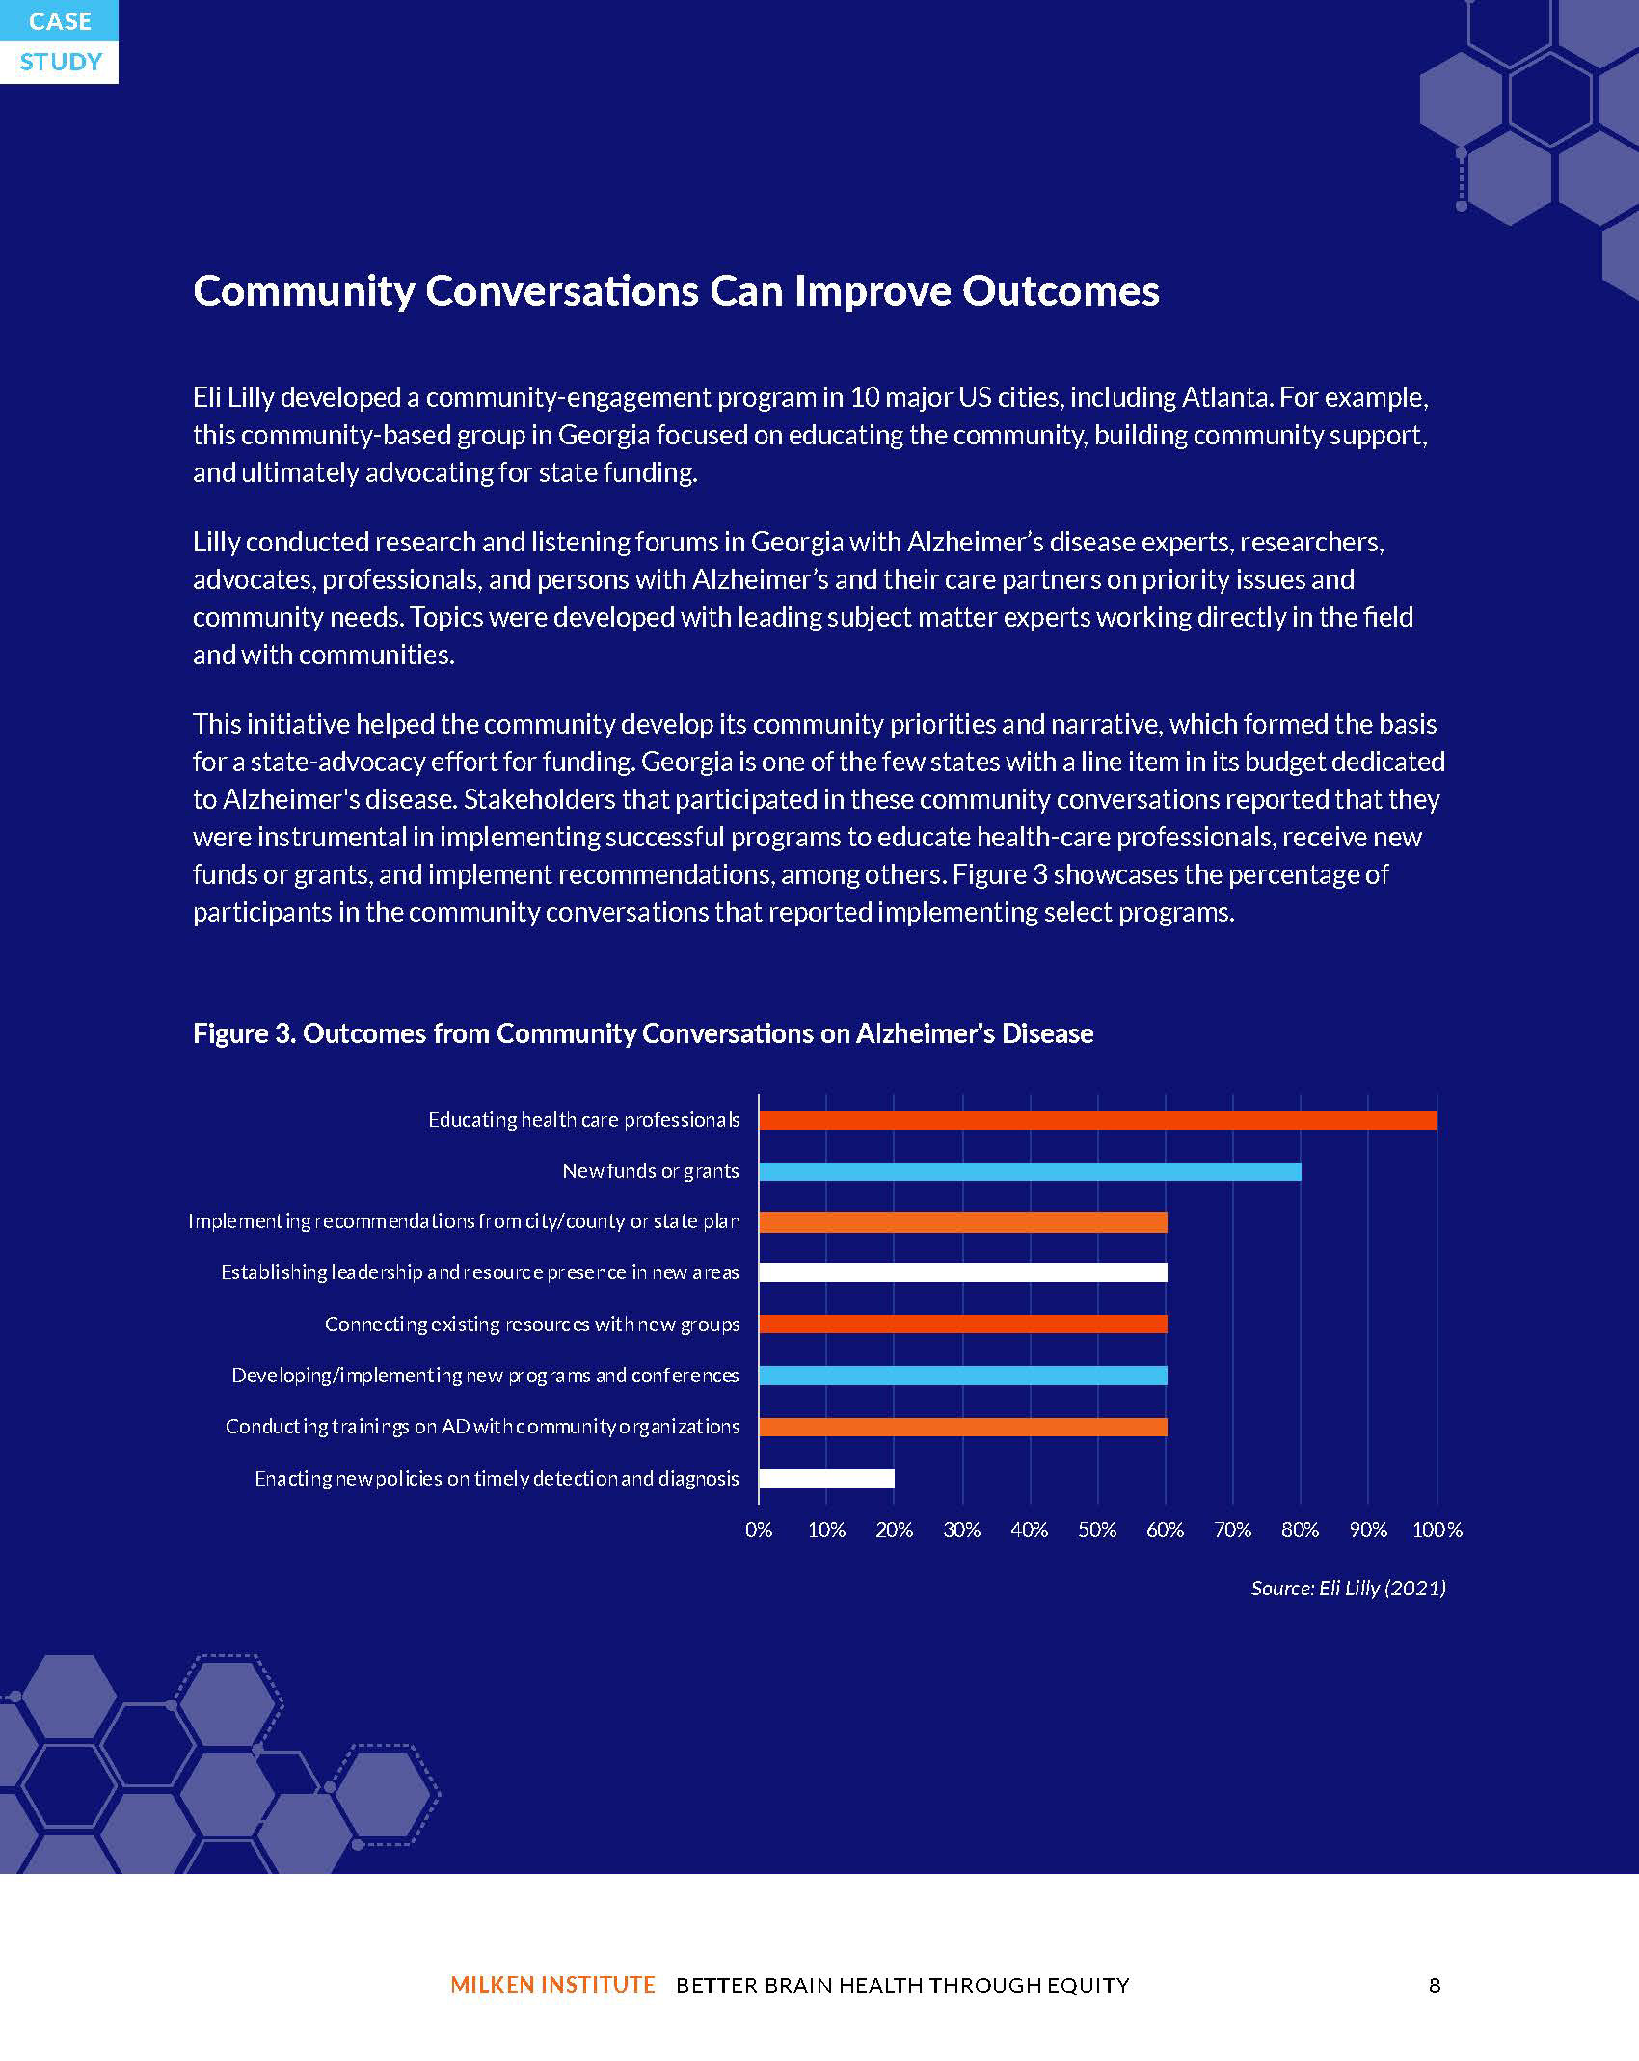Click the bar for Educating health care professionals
(x=1097, y=1120)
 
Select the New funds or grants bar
(x=1030, y=1171)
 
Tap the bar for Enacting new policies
(x=826, y=1478)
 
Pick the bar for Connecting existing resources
(x=962, y=1324)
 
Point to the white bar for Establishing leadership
(x=962, y=1272)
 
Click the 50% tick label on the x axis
(x=1097, y=1530)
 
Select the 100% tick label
(x=1437, y=1530)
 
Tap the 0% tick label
(x=759, y=1530)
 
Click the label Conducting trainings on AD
(x=483, y=1427)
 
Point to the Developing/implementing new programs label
(x=486, y=1376)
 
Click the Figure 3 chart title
(x=643, y=1033)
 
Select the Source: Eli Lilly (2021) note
(x=1349, y=1588)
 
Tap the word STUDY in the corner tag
(x=61, y=63)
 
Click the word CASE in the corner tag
(x=61, y=21)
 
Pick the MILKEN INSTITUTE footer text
(x=552, y=1985)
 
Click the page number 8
(x=1435, y=1985)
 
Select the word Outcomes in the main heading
(x=1061, y=291)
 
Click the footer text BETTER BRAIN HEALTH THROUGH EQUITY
(x=903, y=1985)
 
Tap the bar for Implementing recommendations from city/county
(x=962, y=1222)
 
